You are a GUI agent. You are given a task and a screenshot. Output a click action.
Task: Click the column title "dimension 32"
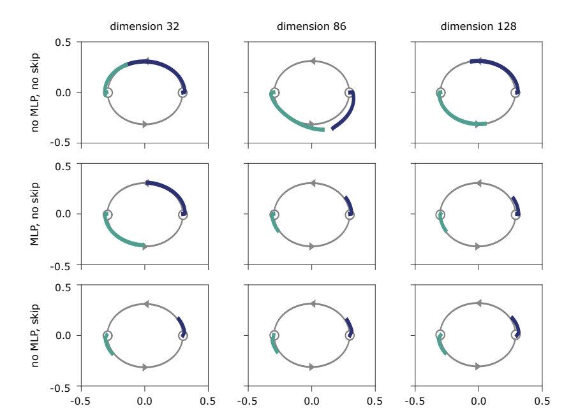(x=144, y=27)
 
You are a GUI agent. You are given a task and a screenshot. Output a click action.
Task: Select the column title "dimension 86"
(x=311, y=27)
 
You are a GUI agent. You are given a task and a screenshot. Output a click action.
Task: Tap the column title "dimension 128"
(x=478, y=27)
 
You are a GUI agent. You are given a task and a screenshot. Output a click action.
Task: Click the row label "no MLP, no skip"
(x=36, y=93)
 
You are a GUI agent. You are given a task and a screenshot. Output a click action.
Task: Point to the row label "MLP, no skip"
(x=36, y=214)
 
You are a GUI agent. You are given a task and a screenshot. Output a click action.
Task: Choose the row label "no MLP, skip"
(x=36, y=335)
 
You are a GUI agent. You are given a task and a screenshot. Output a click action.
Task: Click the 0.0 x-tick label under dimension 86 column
(x=311, y=401)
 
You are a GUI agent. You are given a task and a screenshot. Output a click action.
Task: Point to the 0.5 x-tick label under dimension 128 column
(x=542, y=401)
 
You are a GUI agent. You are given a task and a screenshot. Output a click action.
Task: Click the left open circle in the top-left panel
(x=107, y=93)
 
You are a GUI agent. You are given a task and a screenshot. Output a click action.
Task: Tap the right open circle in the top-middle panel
(x=350, y=93)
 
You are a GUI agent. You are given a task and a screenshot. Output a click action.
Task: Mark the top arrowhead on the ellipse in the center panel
(x=312, y=183)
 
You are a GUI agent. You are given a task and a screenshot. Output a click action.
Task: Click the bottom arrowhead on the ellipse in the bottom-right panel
(x=478, y=366)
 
